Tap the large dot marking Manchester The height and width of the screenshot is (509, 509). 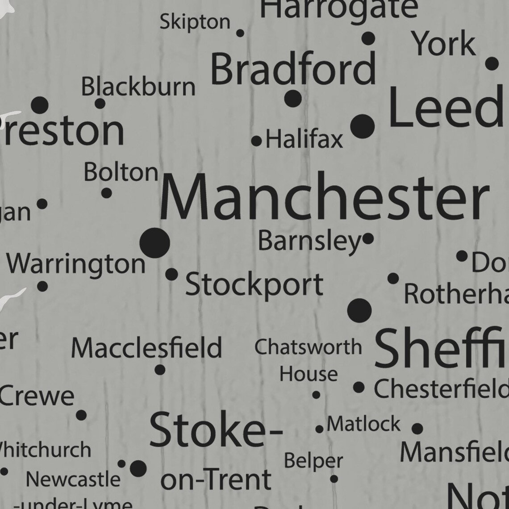coord(154,243)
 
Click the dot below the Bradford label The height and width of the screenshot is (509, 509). coord(293,98)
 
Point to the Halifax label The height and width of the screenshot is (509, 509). coord(305,139)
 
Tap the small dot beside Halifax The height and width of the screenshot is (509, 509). coord(256,142)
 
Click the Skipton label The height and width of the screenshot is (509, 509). coord(195,21)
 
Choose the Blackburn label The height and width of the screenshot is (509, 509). coord(138,87)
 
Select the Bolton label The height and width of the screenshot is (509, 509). coord(121,172)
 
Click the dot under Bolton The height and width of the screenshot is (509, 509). coord(106,193)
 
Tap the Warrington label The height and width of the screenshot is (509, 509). coord(76,264)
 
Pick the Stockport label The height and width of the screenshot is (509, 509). coord(254,284)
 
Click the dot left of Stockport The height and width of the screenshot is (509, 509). coord(171,274)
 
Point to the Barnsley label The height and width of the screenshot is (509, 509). coord(309,241)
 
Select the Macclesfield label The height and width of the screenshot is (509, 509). coord(146,348)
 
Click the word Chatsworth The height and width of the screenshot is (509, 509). coord(308,347)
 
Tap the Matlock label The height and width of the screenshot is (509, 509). coord(363,424)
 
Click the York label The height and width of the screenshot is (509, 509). coord(443,44)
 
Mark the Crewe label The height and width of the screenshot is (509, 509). coord(37,396)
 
